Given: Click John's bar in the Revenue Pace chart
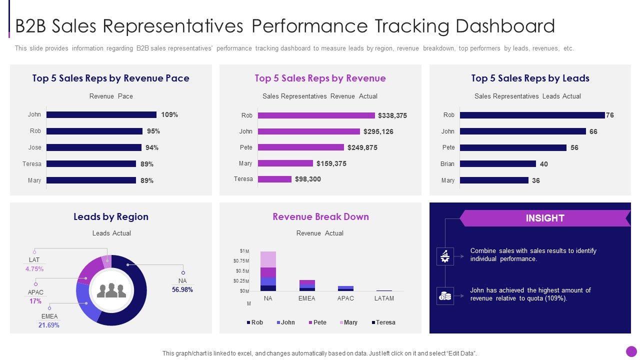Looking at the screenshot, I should point(101,114).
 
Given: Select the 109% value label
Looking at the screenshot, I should point(169,114).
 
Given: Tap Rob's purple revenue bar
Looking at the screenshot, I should point(316,115).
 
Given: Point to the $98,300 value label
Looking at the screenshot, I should point(308,179).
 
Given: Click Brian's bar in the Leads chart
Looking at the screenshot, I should point(497,163).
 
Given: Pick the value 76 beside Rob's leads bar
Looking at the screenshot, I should point(610,115).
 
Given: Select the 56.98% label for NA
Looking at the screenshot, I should point(182,289).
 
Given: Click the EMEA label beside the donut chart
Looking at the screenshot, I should point(49,316).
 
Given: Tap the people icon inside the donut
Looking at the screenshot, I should point(111,290).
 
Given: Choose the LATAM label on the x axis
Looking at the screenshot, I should point(384,298).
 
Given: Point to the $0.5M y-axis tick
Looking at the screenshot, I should point(241,271).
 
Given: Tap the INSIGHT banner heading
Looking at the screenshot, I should point(545,218).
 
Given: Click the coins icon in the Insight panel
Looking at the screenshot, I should point(445,296).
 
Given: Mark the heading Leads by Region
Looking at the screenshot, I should point(111,216).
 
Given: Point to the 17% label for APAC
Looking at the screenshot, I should point(35,301).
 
